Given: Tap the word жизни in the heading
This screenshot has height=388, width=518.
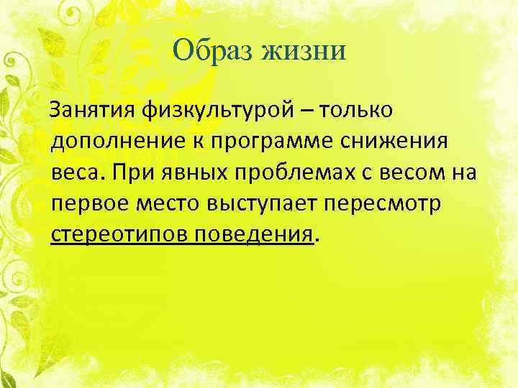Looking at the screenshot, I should coord(306,52).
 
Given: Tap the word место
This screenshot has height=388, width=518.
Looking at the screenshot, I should coord(168,203).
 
